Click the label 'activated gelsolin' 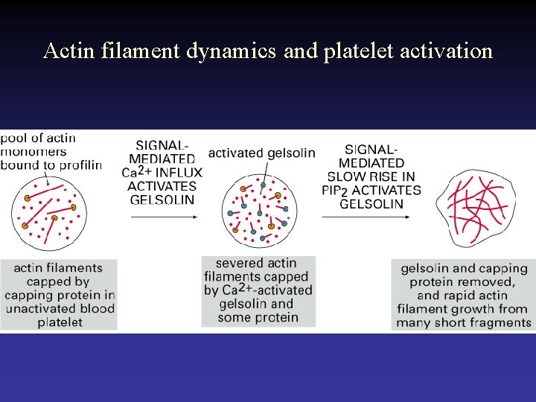tap(261, 153)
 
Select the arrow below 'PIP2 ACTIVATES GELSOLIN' tap(366, 217)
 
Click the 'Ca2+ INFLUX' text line tap(161, 173)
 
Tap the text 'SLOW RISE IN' tap(371, 176)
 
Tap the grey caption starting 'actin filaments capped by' tap(58, 295)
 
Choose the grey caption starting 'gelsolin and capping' tap(463, 295)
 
